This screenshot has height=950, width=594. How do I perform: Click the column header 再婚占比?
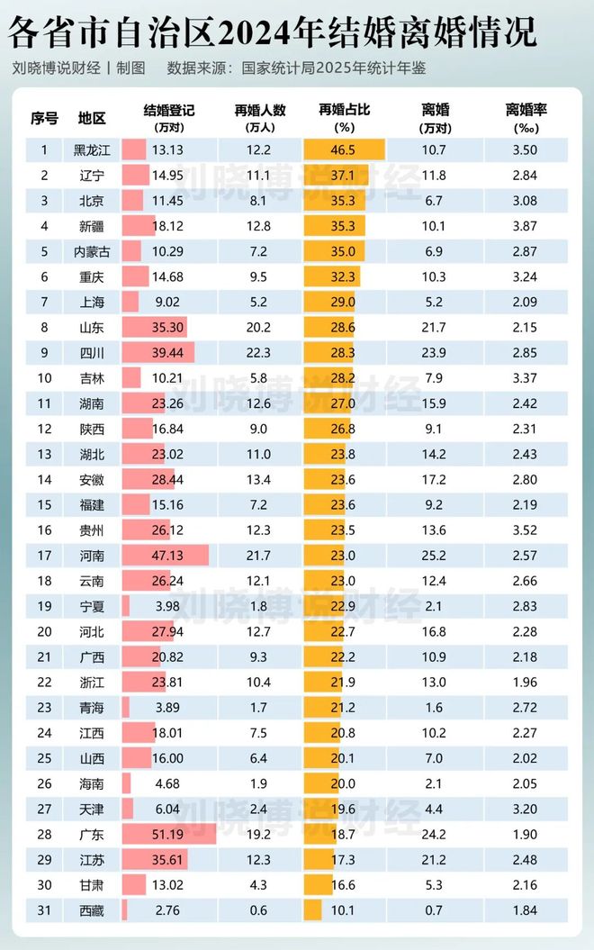(x=344, y=110)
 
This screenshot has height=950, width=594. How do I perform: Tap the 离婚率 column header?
(x=526, y=110)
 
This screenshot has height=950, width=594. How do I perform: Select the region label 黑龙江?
(x=92, y=150)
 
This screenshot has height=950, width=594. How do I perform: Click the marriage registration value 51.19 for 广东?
(x=168, y=835)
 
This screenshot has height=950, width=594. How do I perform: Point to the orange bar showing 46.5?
(x=344, y=150)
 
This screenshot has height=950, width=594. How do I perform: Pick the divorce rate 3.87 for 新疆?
(x=526, y=226)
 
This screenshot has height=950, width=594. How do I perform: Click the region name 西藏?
(x=92, y=910)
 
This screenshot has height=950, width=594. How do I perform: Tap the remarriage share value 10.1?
(x=344, y=910)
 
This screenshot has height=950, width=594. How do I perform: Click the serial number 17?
(x=43, y=556)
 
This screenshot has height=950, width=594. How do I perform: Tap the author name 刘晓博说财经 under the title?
(x=56, y=68)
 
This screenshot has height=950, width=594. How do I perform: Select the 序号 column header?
(x=43, y=118)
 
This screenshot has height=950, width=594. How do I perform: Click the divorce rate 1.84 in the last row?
(x=526, y=910)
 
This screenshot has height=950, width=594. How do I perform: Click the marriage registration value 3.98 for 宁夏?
(x=168, y=606)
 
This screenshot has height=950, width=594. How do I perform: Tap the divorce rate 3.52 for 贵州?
(x=526, y=530)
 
